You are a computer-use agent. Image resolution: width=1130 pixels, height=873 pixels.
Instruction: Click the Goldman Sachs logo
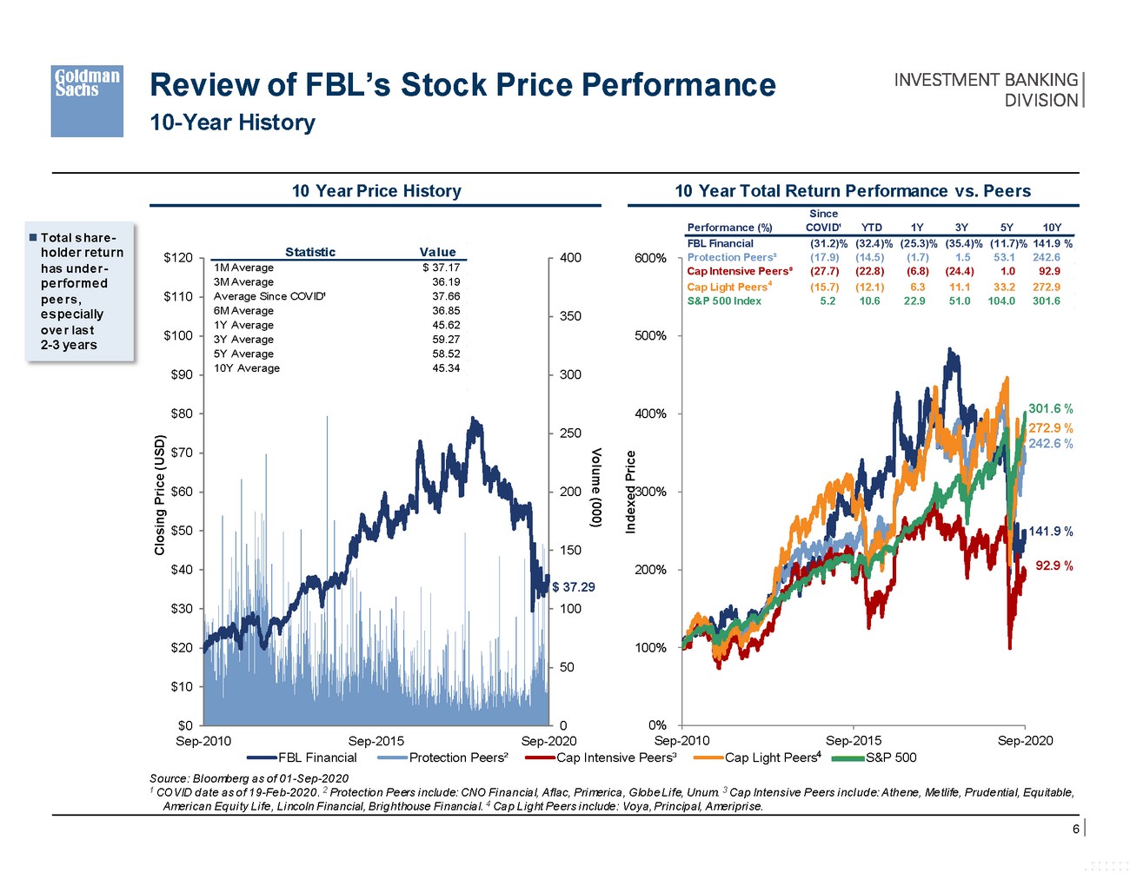[x=87, y=101]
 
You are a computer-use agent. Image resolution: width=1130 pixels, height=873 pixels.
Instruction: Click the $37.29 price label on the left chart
[x=574, y=587]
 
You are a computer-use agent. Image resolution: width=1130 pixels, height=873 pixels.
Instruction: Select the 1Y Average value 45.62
[x=446, y=325]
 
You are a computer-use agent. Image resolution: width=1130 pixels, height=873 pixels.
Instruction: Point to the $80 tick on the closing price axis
[x=182, y=413]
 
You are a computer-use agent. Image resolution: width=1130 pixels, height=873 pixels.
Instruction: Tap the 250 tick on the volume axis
[x=570, y=433]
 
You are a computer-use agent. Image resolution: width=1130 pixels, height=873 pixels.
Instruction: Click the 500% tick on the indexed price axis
[x=650, y=335]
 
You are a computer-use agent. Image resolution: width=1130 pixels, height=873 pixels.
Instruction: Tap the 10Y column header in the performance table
[x=1051, y=228]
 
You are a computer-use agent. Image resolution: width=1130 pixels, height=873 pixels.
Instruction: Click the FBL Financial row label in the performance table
[x=720, y=243]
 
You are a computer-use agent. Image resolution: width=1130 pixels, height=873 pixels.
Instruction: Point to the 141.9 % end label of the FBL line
[x=1050, y=532]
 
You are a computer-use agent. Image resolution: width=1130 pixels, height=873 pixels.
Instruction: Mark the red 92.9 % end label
[x=1054, y=565]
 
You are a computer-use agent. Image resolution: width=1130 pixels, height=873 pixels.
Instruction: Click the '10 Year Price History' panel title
[x=376, y=191]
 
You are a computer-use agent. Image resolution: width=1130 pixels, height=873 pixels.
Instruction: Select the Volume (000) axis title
[x=596, y=488]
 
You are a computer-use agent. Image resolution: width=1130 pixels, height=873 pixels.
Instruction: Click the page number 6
[x=1075, y=829]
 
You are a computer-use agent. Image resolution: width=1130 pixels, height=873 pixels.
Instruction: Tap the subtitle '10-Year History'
[x=232, y=122]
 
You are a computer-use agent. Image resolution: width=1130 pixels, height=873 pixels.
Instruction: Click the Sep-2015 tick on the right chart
[x=853, y=741]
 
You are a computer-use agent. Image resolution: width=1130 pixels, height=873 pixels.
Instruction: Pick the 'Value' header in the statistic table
[x=437, y=252]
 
